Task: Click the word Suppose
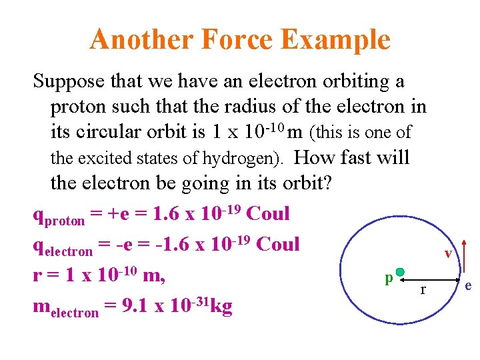coord(67,82)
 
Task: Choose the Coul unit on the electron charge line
coord(278,244)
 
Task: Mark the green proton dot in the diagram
coord(400,272)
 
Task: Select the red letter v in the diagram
coord(449,253)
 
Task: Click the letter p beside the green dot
coord(388,277)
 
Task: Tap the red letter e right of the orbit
coord(469,286)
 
